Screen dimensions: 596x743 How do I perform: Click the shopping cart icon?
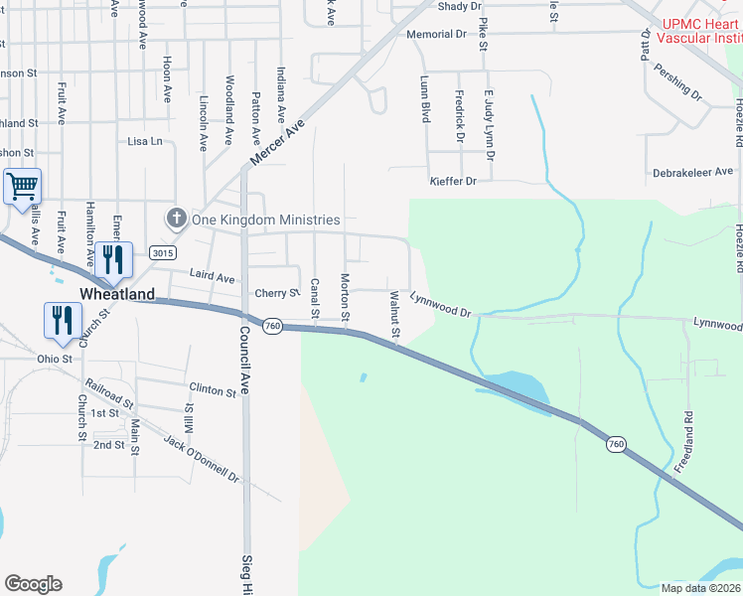coord(22,186)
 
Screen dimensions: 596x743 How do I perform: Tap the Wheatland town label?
coord(117,294)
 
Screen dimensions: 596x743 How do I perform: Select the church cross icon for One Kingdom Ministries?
coord(176,219)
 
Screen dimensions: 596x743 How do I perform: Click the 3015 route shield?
coord(163,253)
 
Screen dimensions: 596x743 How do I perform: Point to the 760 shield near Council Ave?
coord(274,325)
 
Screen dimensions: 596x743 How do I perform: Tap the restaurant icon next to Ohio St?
coord(61,320)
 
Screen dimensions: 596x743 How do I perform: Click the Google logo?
coord(33,584)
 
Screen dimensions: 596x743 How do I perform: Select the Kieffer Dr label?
coord(453,181)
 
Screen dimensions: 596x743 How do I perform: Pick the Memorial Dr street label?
coord(436,34)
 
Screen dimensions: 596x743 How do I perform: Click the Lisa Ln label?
coord(145,141)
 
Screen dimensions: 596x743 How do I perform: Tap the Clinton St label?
coord(213,390)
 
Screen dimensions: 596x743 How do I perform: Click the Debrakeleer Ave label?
coord(692,172)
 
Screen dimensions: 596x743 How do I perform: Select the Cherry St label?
coord(277,293)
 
